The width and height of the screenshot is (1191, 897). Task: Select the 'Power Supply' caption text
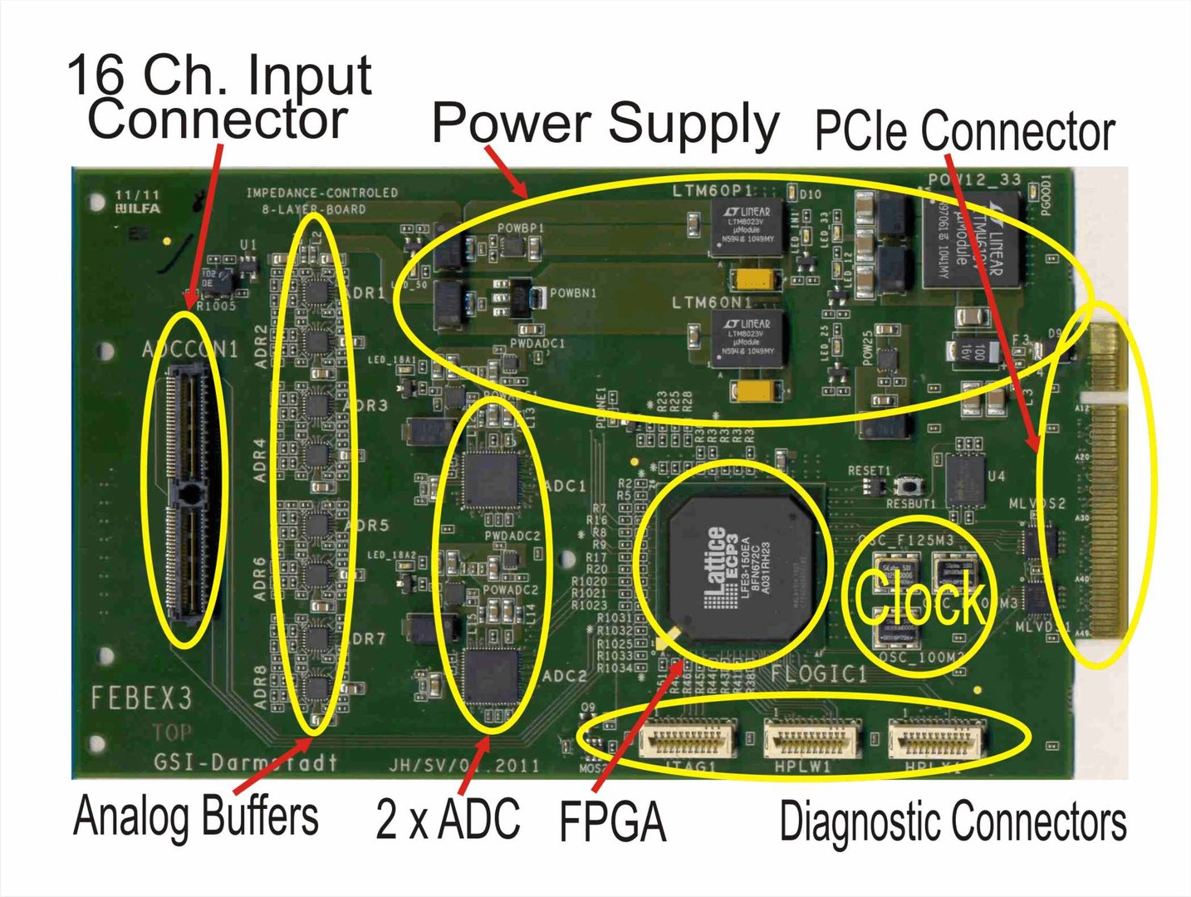coord(605,125)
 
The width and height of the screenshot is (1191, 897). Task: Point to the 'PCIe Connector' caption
coord(964,131)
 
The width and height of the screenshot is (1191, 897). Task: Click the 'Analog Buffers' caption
coord(196,817)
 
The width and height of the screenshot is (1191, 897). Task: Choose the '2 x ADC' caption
coord(448,819)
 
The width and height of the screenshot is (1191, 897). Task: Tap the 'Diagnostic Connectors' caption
coord(953,822)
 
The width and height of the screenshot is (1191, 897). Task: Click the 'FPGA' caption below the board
coord(613,822)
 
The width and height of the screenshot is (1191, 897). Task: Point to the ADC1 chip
coord(490,479)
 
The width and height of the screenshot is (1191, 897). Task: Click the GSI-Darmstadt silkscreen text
coord(246,762)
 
